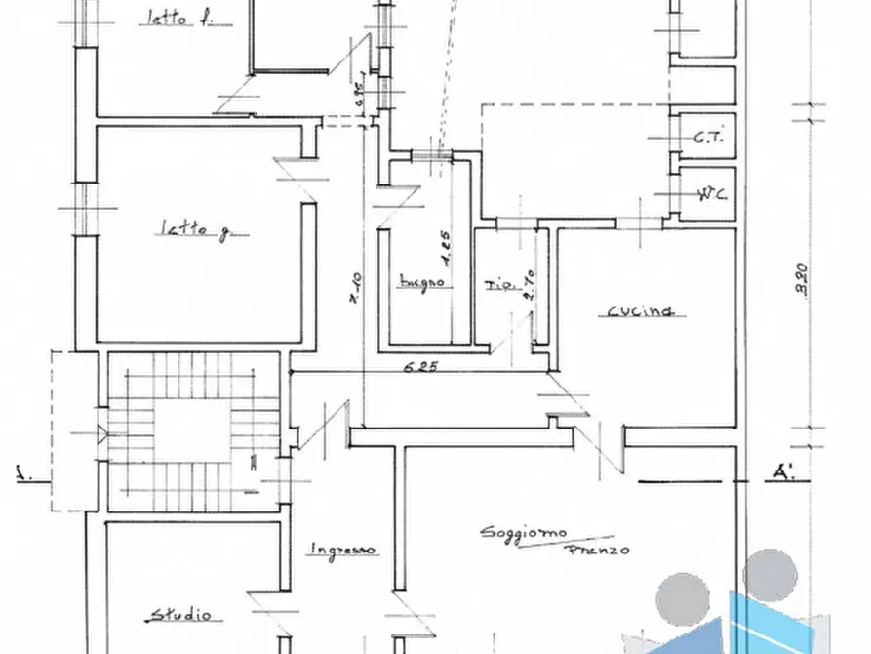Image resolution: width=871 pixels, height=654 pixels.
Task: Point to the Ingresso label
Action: [x=342, y=550]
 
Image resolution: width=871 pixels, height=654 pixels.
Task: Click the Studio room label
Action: [x=179, y=615]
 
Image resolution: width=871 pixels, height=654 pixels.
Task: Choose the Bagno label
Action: [x=422, y=283]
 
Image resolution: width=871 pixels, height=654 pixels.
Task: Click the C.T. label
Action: [x=708, y=139]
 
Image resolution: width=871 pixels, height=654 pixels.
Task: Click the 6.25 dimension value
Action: [x=421, y=368]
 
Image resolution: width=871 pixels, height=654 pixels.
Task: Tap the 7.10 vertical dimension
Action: [x=357, y=289]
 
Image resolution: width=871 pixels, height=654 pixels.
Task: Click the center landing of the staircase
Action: [x=193, y=427]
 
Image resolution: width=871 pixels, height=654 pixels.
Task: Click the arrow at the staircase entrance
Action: [x=103, y=432]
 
